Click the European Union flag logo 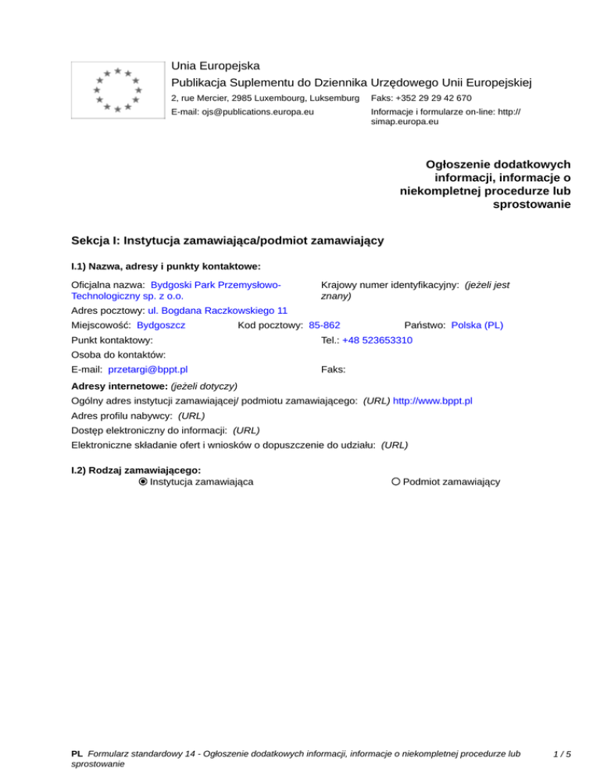116,89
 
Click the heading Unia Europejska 216,66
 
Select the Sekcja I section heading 227,240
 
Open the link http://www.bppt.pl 432,400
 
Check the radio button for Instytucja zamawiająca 143,482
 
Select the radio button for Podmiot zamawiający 396,482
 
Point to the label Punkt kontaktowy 112,340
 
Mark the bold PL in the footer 77,754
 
